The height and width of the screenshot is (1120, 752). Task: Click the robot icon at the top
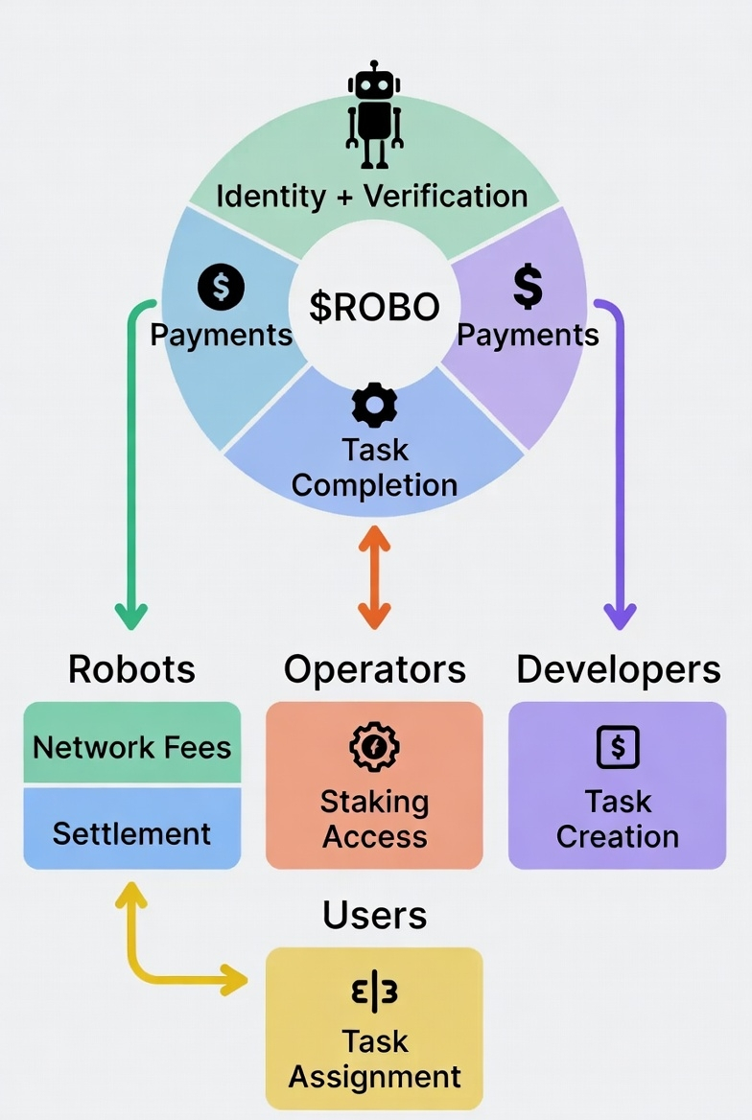[x=374, y=115]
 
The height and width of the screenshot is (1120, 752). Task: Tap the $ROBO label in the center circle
[x=374, y=307]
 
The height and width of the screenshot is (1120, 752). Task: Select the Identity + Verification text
[x=372, y=197]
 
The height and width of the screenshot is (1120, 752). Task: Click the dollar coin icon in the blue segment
[x=221, y=287]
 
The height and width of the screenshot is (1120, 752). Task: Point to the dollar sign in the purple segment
[x=528, y=286]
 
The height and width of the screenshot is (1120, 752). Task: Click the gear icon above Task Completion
[x=374, y=406]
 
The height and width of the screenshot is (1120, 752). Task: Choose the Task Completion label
[x=374, y=467]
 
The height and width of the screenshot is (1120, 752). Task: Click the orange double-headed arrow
[x=374, y=575]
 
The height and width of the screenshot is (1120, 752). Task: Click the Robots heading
[x=131, y=669]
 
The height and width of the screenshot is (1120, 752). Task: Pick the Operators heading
[x=374, y=669]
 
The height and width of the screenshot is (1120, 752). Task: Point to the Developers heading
[x=619, y=669]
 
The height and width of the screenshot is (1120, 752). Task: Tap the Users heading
[x=374, y=916]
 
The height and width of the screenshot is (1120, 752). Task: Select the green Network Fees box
[x=131, y=745]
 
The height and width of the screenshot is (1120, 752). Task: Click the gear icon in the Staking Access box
[x=374, y=748]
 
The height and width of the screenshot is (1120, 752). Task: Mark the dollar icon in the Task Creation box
[x=618, y=747]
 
